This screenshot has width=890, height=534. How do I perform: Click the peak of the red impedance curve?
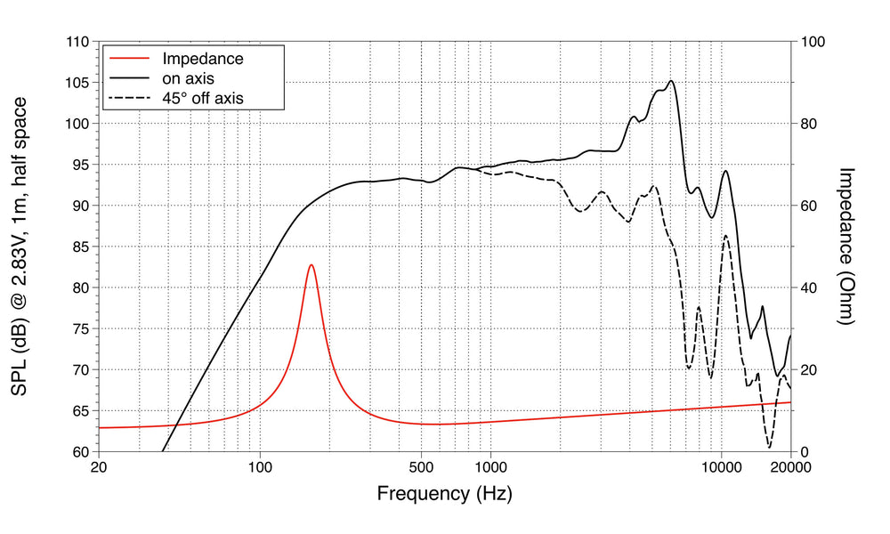click(311, 264)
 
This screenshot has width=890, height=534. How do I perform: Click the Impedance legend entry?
click(202, 59)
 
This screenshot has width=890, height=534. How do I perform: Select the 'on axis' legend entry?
click(188, 78)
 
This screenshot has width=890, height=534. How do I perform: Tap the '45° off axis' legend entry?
click(202, 98)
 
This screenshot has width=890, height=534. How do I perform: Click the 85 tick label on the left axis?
click(79, 247)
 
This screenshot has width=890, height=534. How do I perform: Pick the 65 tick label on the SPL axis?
click(79, 410)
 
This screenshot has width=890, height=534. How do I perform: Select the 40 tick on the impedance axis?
click(811, 287)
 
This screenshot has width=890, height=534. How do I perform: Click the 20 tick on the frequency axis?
click(99, 466)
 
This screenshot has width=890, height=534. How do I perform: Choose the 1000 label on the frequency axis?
click(490, 466)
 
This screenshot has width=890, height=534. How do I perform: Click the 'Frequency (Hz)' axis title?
click(444, 492)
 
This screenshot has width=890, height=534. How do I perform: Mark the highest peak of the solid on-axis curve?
click(671, 81)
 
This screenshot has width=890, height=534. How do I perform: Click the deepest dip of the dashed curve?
click(769, 447)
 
